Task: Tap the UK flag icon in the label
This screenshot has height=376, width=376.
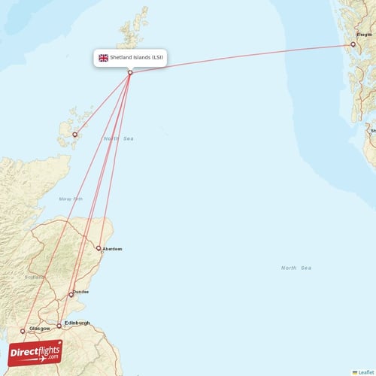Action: tap(103, 57)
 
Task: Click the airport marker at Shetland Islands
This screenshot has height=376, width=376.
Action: tap(130, 72)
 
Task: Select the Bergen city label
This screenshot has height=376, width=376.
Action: tap(364, 35)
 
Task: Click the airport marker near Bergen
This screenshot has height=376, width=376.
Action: tap(353, 44)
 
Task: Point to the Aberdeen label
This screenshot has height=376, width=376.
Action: tap(113, 248)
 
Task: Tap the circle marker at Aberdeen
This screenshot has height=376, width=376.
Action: tap(99, 247)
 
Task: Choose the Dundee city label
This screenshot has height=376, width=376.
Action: tap(80, 292)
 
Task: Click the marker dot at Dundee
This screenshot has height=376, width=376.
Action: tap(71, 294)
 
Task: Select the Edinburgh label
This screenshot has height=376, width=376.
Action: tap(77, 323)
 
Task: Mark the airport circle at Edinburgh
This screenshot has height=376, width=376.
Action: tap(59, 326)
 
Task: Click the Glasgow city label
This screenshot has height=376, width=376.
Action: tap(39, 329)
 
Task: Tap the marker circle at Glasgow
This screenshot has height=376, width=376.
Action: tap(23, 330)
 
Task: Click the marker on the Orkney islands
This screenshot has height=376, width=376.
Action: tap(75, 135)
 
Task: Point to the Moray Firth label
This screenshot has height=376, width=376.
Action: tap(71, 199)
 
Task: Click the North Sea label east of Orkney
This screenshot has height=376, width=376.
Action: tap(118, 139)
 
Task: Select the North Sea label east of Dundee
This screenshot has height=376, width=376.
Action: tap(296, 268)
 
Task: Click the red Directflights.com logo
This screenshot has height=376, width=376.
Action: tap(35, 353)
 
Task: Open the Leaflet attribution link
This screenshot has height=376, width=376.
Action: tap(365, 371)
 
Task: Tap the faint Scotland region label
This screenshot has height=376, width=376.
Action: tap(35, 277)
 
